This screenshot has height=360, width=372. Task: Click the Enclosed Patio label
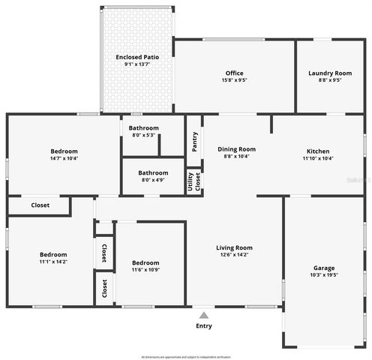tap(136, 57)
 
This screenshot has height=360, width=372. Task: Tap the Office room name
tap(235, 73)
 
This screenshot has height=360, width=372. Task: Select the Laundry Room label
tap(330, 73)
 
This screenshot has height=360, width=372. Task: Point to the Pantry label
tap(195, 141)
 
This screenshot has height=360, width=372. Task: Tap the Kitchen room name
tap(318, 151)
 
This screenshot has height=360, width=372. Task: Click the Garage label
tap(324, 268)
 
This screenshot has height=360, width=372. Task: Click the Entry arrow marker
tap(204, 315)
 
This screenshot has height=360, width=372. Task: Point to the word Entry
tap(204, 326)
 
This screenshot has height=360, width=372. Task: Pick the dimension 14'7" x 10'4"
tap(64, 158)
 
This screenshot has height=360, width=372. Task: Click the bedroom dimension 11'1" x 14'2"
tap(53, 262)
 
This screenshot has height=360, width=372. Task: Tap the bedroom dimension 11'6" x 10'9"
tap(145, 270)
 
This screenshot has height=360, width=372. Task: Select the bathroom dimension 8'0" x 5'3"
tap(143, 135)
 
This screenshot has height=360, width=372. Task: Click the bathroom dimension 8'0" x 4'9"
tap(153, 180)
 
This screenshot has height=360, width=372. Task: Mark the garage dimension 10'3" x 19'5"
tap(324, 275)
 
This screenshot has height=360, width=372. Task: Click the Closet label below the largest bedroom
tap(40, 205)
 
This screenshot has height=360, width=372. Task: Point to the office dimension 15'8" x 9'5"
tap(235, 79)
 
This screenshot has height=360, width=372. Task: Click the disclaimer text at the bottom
tap(186, 356)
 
